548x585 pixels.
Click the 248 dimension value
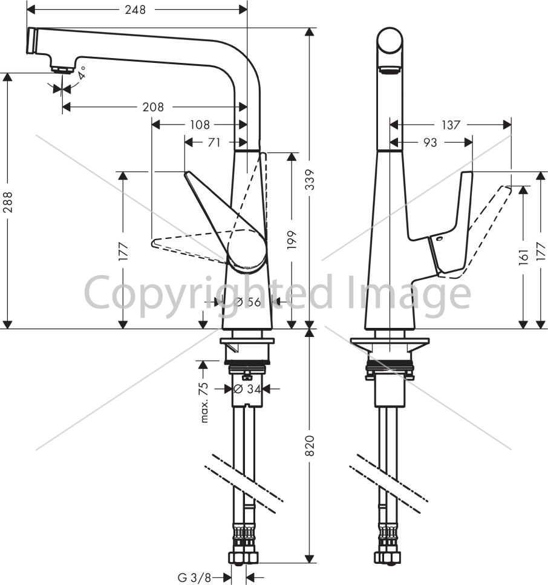(x=135, y=10)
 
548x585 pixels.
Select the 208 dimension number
(x=153, y=108)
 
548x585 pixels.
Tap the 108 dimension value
(x=200, y=125)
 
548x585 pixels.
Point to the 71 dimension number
(x=214, y=142)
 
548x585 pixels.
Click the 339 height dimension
(x=310, y=180)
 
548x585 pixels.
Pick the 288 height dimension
(x=7, y=202)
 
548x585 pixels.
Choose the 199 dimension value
(x=292, y=240)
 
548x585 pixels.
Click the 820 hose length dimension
(x=310, y=445)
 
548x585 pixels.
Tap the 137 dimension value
(x=451, y=125)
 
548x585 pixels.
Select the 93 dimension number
(x=429, y=142)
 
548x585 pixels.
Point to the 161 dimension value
(x=524, y=257)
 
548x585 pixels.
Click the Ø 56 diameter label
(x=247, y=301)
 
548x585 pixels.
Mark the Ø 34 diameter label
(x=247, y=389)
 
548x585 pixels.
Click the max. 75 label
(x=204, y=402)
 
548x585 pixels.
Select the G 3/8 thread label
(x=194, y=578)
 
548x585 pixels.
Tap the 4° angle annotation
(x=82, y=73)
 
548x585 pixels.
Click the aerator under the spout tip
(x=63, y=70)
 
